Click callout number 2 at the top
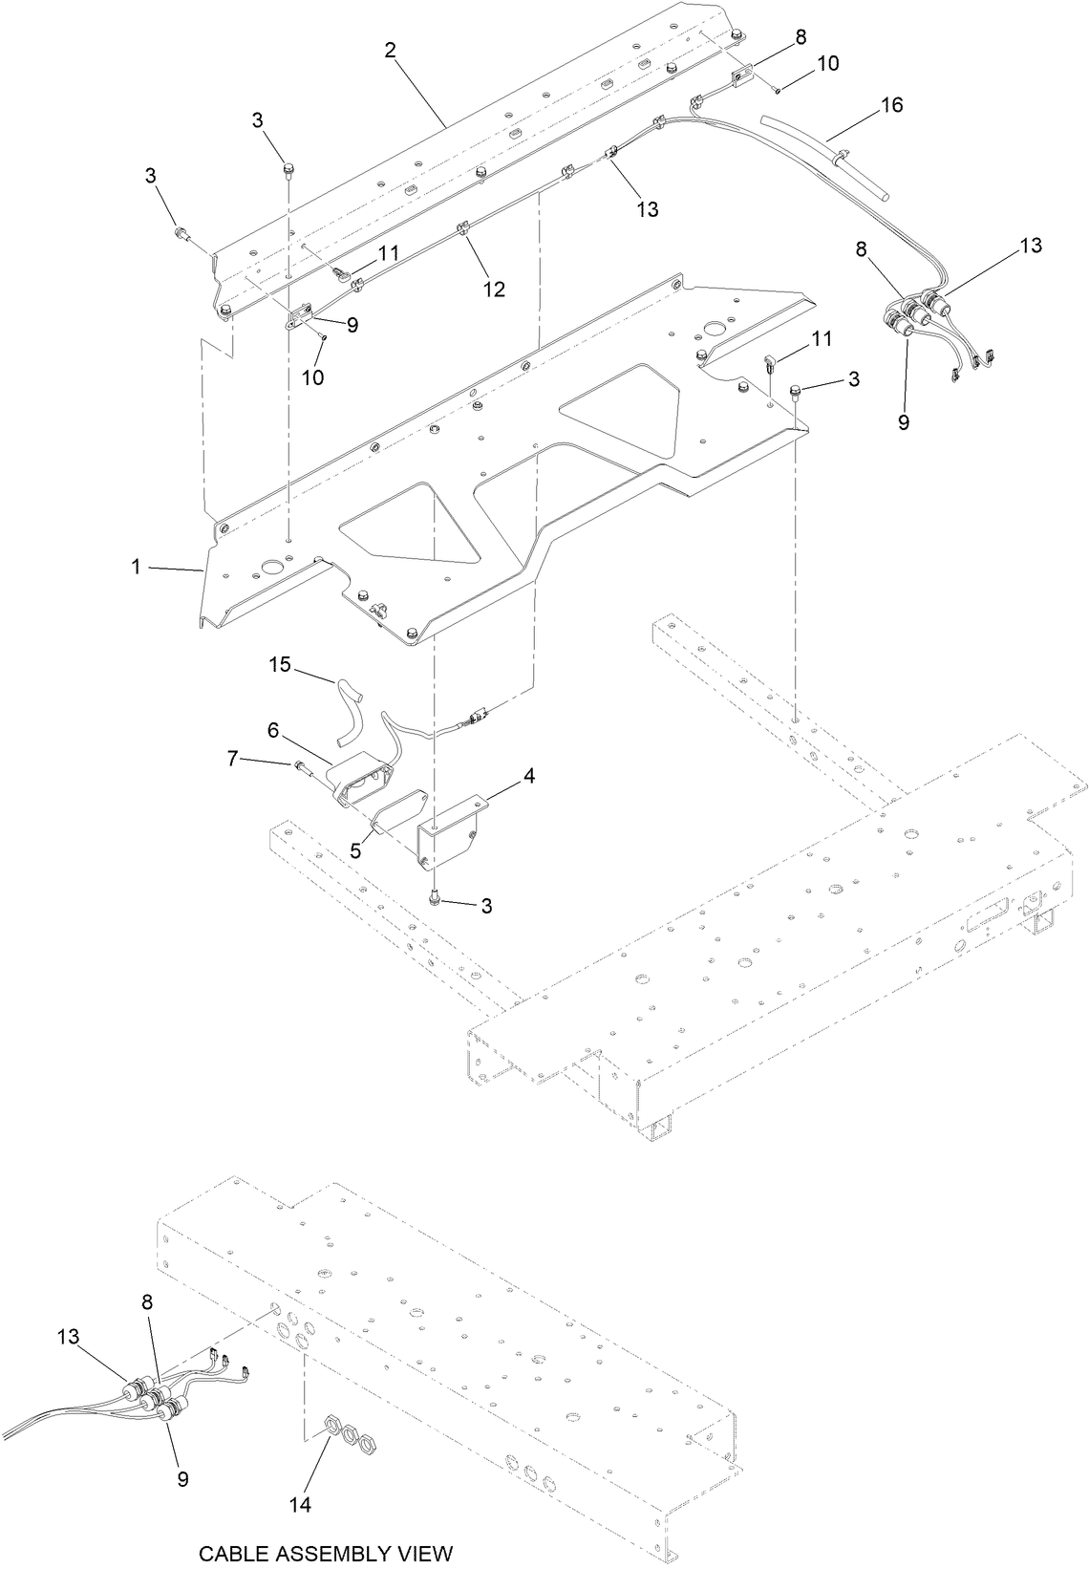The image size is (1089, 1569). pyautogui.click(x=390, y=51)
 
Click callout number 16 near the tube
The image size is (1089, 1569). pyautogui.click(x=890, y=104)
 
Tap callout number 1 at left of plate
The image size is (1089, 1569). pyautogui.click(x=137, y=567)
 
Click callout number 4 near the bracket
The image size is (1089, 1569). pyautogui.click(x=528, y=776)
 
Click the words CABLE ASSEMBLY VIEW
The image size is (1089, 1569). pyautogui.click(x=325, y=1553)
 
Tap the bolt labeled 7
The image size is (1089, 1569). pyautogui.click(x=305, y=765)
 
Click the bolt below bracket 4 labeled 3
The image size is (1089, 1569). pyautogui.click(x=436, y=899)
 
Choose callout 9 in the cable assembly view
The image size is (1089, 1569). pyautogui.click(x=182, y=1478)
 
